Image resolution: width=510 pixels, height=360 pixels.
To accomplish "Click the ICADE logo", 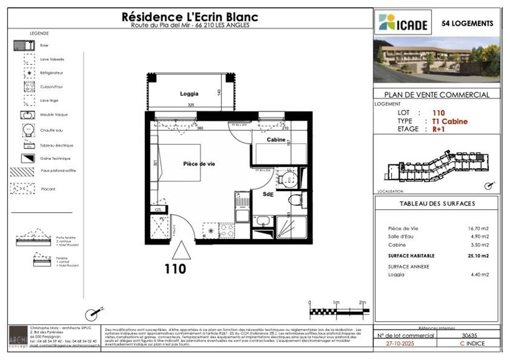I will [x=403, y=22].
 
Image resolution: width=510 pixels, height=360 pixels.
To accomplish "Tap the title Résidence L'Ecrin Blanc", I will [x=190, y=16].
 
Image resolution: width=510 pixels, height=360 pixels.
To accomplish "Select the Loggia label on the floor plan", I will [x=189, y=94].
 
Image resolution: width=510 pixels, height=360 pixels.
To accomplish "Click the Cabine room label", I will [x=276, y=140].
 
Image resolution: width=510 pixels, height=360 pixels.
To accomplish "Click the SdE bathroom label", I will [x=269, y=195].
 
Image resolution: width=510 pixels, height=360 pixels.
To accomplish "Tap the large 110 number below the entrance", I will [x=175, y=269].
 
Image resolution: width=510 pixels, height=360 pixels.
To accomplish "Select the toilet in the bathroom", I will [x=295, y=200].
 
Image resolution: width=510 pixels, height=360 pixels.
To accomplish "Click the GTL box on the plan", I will [x=159, y=210].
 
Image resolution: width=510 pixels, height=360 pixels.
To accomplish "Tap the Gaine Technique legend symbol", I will [x=26, y=158].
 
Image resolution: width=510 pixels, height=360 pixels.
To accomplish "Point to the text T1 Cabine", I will [x=450, y=121].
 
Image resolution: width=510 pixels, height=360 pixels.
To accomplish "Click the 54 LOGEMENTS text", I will [x=468, y=23].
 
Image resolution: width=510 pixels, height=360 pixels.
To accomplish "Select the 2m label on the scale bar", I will [x=362, y=303].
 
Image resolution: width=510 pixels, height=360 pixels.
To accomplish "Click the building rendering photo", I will [x=436, y=59].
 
